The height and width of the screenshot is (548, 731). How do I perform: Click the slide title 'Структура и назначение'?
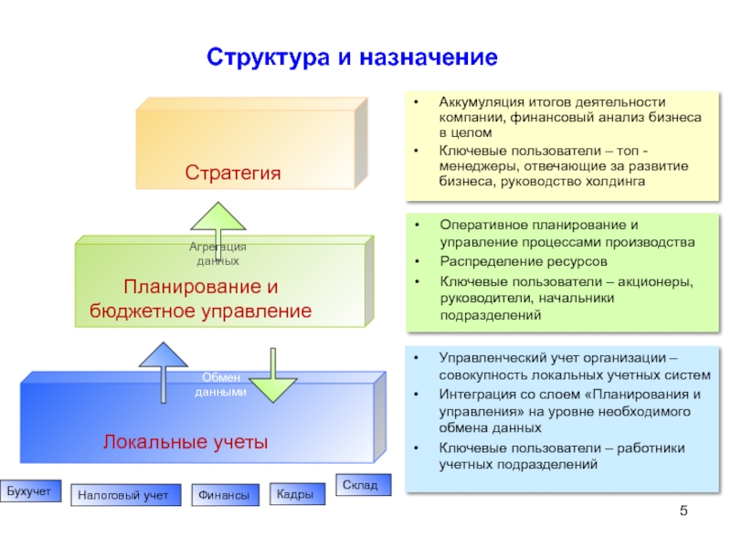(352, 58)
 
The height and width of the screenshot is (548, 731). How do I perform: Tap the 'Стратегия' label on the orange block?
(232, 173)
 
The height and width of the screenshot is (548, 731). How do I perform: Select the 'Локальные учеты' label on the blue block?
(185, 443)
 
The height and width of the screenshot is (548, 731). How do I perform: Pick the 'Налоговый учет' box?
(123, 496)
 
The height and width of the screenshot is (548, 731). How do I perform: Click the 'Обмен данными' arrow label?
(220, 385)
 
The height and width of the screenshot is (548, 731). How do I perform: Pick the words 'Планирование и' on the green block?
(201, 287)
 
